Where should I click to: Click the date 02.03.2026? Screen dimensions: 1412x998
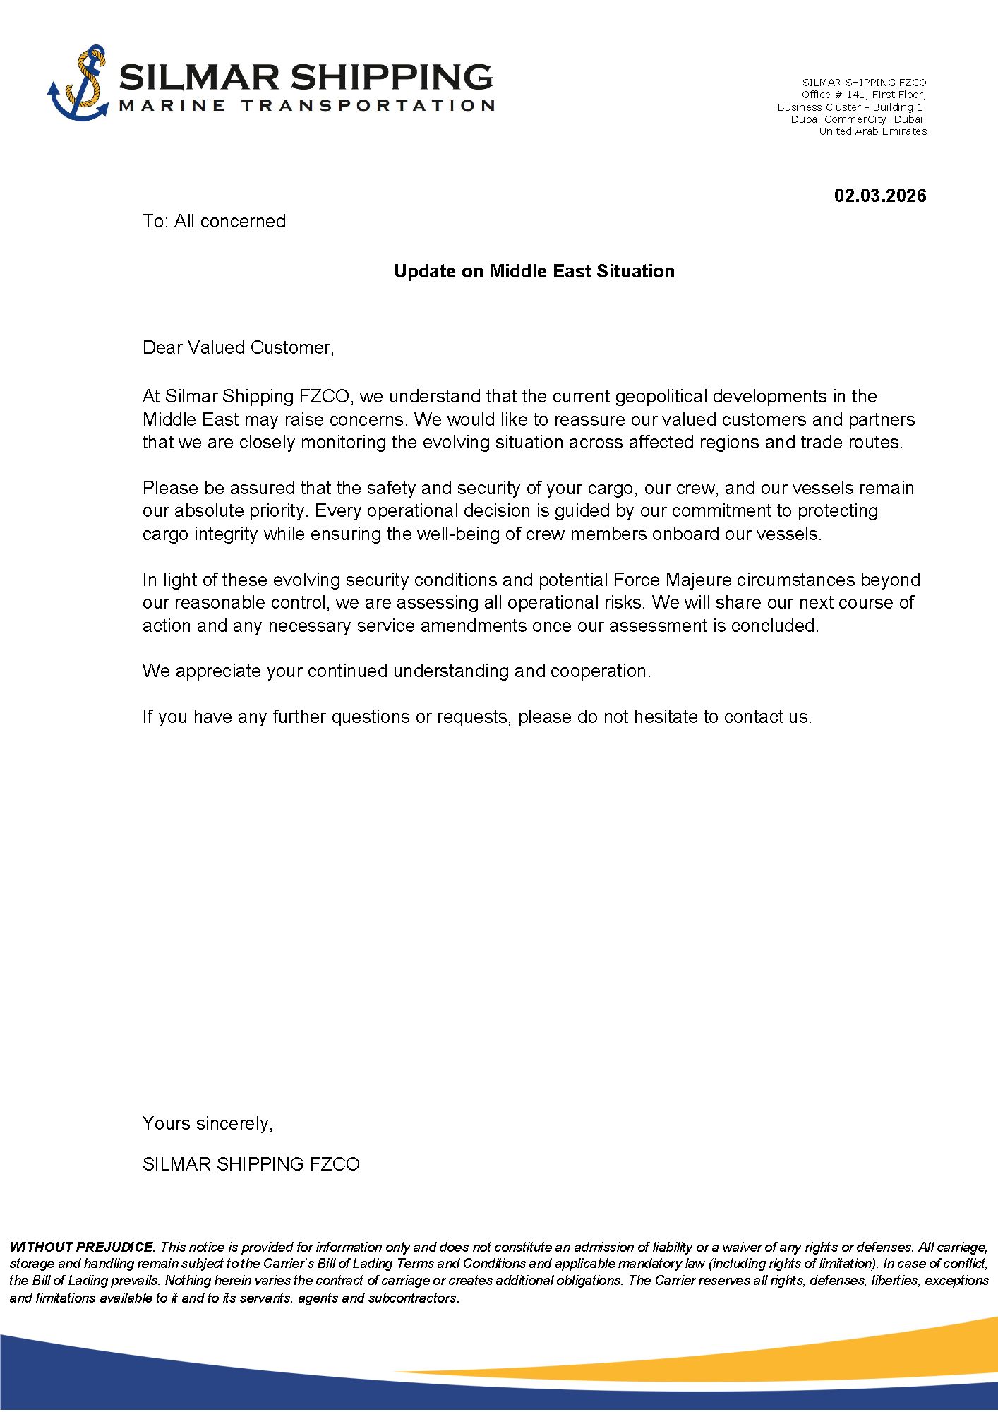879,196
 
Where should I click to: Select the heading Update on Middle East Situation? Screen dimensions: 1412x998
534,271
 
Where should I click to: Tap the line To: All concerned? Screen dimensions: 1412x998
214,221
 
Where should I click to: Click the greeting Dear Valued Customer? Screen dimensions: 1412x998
238,347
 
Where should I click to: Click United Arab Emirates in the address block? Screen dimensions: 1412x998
872,131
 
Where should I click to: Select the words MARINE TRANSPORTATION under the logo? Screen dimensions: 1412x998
307,106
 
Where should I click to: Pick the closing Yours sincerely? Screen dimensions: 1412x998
208,1123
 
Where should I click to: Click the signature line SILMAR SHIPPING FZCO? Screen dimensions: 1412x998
251,1164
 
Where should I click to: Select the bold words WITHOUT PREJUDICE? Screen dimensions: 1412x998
81,1247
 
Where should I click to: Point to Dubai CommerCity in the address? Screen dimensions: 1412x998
838,119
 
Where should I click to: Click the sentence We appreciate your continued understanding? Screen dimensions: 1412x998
396,671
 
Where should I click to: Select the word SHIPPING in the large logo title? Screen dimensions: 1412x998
391,77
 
